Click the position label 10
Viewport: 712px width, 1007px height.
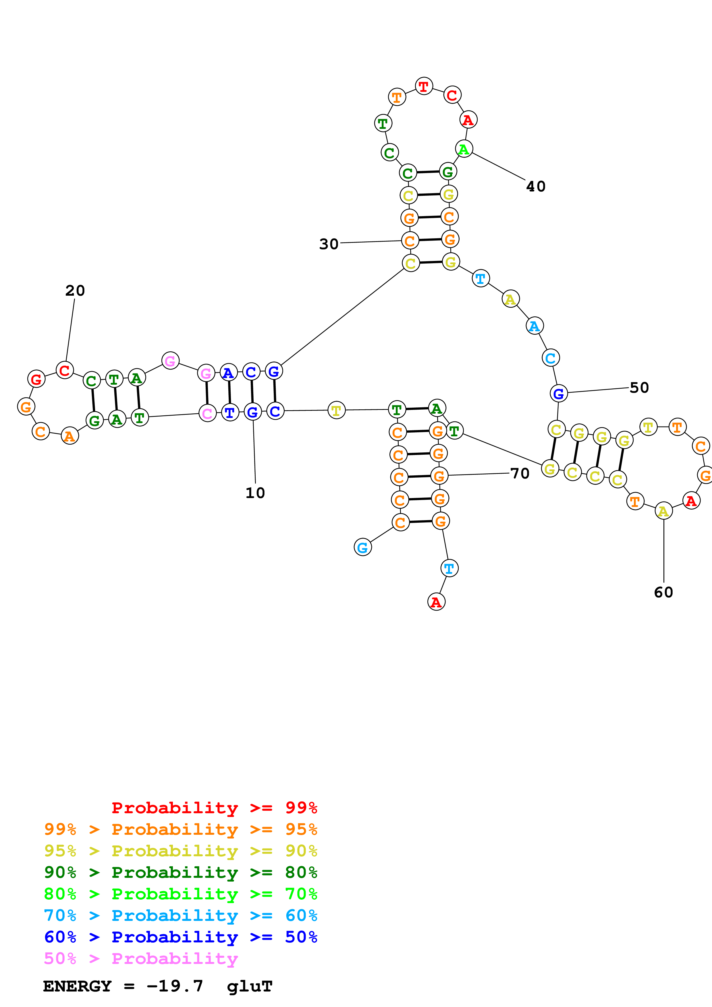tap(255, 493)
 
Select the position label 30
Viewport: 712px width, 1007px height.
tap(329, 244)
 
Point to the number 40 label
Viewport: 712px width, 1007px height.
tap(536, 186)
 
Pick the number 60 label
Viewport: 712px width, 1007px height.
tap(663, 592)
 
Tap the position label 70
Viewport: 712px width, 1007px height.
tap(520, 473)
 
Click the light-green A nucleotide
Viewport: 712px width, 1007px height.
tap(464, 149)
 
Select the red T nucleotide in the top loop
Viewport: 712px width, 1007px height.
tap(424, 86)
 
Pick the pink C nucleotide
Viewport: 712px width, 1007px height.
tap(207, 413)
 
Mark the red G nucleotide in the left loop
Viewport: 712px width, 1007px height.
tap(36, 379)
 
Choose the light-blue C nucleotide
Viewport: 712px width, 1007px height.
tap(551, 358)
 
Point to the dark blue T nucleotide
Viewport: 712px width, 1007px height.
tap(230, 412)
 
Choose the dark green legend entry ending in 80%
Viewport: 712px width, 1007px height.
tap(180, 872)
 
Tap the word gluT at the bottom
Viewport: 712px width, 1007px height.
tap(250, 986)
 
